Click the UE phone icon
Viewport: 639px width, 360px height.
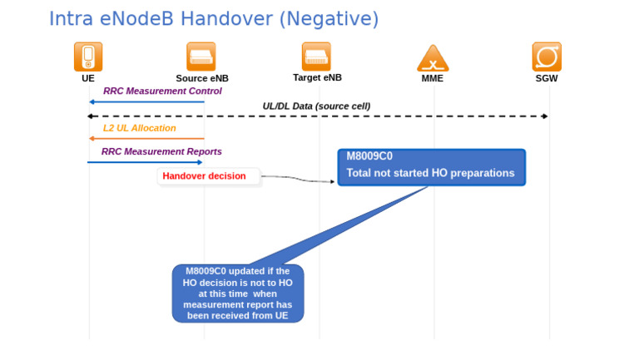(88, 57)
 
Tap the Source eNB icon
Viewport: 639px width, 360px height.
(201, 57)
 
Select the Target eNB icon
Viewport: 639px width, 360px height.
(317, 57)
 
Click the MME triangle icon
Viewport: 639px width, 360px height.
(433, 58)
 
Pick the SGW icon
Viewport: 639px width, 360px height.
(547, 57)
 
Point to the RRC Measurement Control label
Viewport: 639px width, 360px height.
(162, 91)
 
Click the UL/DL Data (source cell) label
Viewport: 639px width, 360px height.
(316, 106)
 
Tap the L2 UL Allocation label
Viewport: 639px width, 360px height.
(140, 128)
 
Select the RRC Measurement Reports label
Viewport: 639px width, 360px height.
(161, 151)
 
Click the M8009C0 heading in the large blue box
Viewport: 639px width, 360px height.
(369, 156)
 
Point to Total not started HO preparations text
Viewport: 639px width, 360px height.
(430, 174)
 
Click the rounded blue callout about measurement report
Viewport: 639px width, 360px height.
(238, 293)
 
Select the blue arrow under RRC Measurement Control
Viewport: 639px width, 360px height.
(146, 101)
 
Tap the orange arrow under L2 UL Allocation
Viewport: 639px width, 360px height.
(146, 139)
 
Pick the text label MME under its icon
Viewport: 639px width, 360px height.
(433, 79)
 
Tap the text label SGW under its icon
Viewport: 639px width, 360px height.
(547, 79)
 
